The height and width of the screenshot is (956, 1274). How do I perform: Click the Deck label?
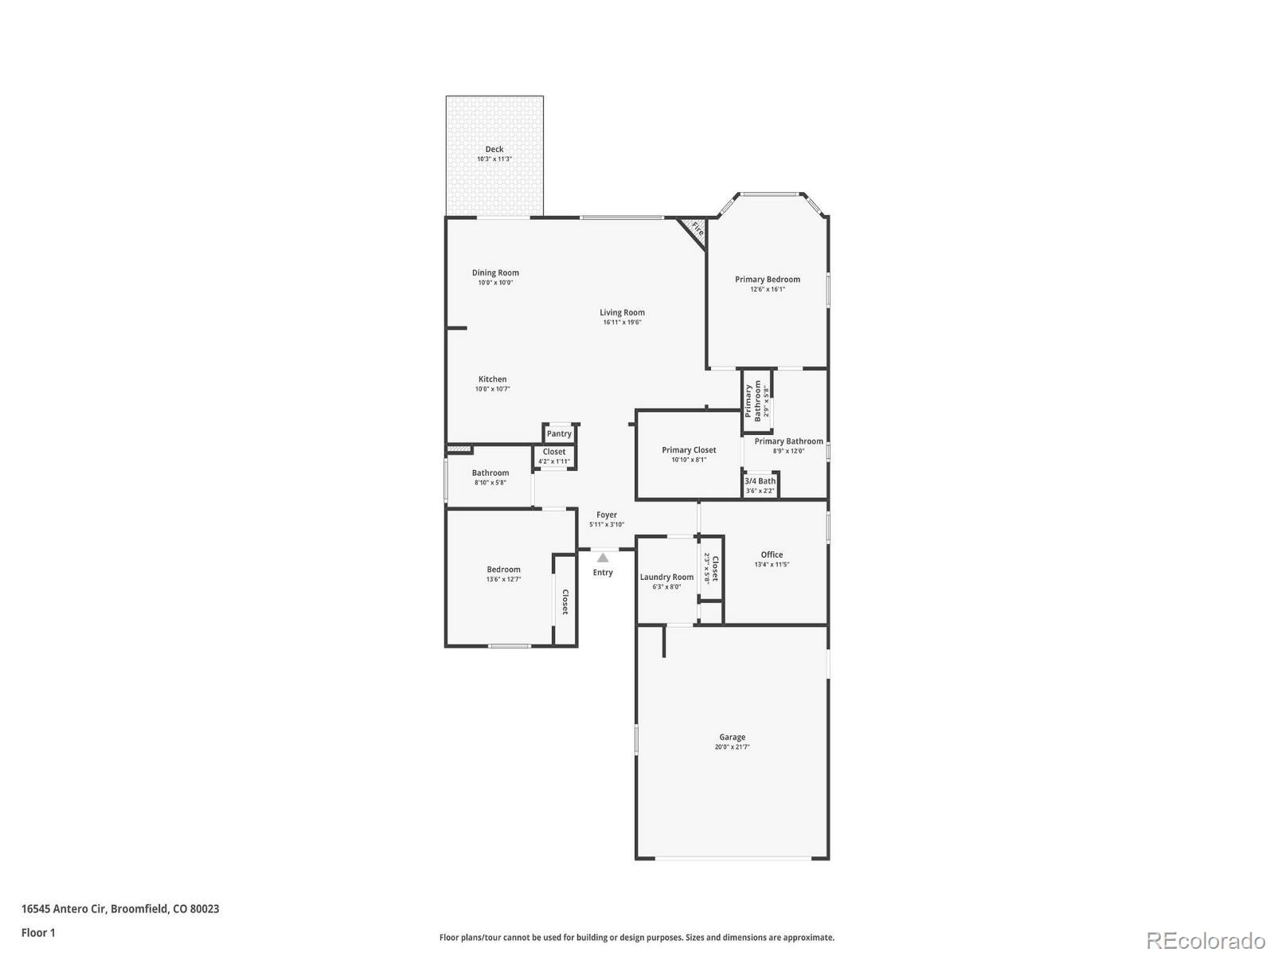tap(494, 149)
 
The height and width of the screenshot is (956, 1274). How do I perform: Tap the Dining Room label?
tap(495, 272)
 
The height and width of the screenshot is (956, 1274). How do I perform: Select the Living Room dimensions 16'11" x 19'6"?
tap(622, 323)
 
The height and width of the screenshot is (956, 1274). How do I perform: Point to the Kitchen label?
tap(492, 379)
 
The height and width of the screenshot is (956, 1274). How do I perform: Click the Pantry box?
tap(559, 433)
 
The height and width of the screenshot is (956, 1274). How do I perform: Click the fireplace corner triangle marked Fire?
tap(695, 230)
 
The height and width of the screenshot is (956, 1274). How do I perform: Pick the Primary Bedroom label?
tap(767, 279)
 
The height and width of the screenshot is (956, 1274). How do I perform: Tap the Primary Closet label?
tap(689, 450)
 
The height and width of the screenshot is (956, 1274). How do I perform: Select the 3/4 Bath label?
tap(760, 481)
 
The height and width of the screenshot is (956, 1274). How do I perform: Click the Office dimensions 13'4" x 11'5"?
tap(772, 565)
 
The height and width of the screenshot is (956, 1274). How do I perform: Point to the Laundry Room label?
tap(666, 577)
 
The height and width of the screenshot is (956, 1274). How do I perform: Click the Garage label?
tap(732, 737)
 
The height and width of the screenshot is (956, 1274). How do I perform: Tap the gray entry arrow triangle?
tap(603, 558)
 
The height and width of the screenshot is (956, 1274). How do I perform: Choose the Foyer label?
tap(607, 515)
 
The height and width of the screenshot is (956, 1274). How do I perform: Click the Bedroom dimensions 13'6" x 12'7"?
tap(503, 579)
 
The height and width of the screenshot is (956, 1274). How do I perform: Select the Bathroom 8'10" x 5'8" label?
tap(490, 473)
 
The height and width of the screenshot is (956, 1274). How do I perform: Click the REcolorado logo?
tap(1206, 940)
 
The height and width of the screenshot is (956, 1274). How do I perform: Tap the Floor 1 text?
tap(38, 932)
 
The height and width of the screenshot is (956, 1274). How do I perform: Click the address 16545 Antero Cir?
tap(64, 908)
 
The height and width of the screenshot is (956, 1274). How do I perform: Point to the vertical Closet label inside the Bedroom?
tap(565, 601)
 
